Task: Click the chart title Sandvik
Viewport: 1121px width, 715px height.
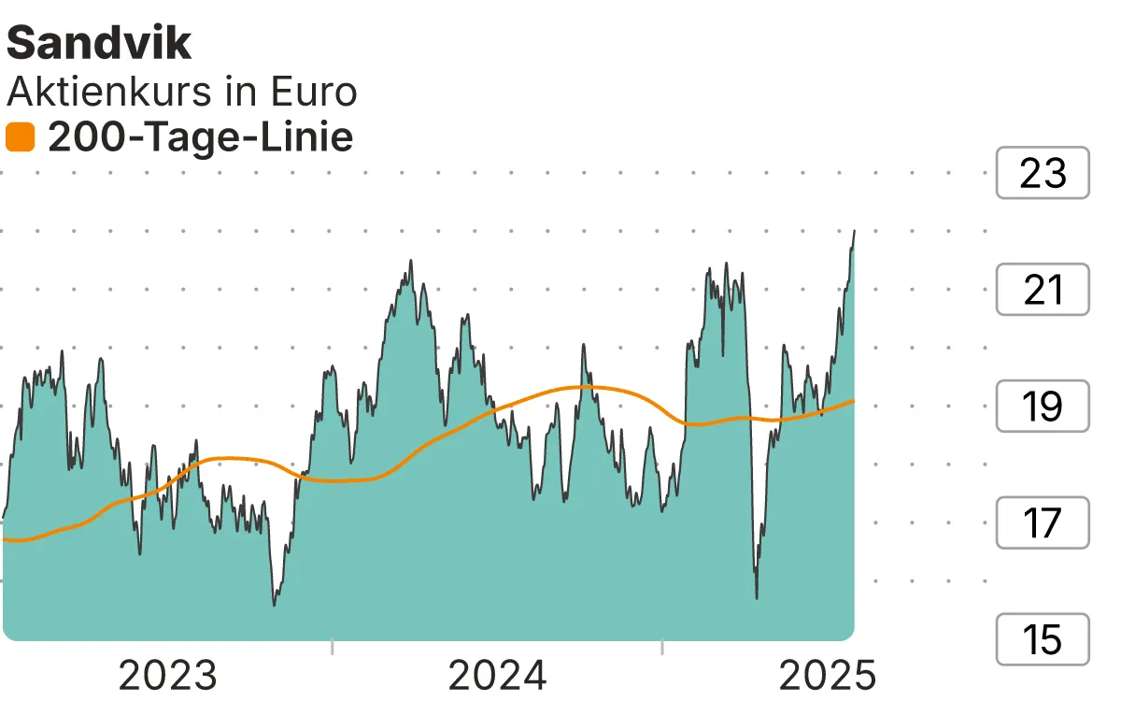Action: click(99, 44)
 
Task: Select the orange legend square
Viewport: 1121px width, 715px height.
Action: click(20, 138)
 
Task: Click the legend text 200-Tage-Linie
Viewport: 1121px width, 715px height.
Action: click(200, 138)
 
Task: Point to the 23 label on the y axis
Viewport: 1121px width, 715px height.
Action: click(1043, 173)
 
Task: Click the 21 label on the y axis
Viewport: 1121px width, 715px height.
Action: click(1043, 290)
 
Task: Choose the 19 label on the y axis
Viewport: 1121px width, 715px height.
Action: click(1043, 407)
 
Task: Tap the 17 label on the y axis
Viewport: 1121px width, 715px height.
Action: click(1043, 522)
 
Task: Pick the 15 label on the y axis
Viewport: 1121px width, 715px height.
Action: click(1043, 639)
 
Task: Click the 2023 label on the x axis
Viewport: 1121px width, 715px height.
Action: click(168, 676)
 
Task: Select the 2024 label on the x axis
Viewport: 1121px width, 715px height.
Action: click(498, 676)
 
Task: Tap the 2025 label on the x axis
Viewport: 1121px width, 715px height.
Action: click(828, 676)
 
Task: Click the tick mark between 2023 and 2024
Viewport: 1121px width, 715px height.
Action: click(333, 647)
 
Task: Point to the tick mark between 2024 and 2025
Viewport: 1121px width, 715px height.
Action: click(662, 647)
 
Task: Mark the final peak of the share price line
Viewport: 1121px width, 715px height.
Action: click(854, 230)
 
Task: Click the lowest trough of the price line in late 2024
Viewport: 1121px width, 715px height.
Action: click(756, 597)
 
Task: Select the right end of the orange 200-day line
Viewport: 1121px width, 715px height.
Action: click(854, 401)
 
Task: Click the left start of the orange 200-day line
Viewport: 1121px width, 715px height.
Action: click(5, 539)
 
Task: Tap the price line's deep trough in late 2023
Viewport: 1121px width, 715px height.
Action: click(274, 605)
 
